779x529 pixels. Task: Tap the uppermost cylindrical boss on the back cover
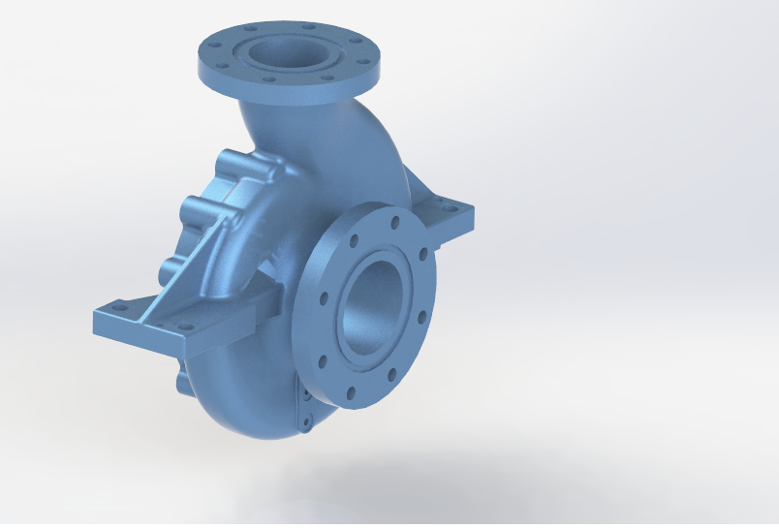(230, 161)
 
